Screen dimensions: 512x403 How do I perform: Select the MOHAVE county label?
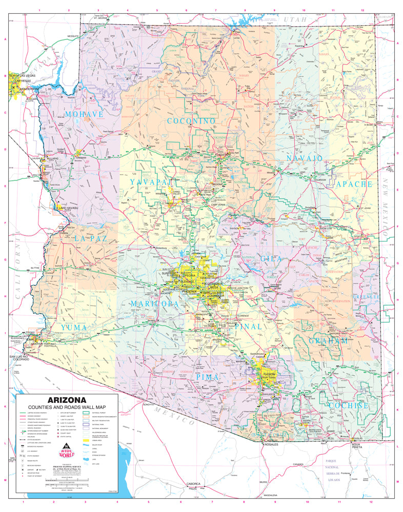click(85, 114)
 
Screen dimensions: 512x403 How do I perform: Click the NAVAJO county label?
click(305, 158)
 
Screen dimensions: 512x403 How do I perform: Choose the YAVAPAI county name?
click(149, 182)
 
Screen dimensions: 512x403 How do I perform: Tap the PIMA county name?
click(208, 377)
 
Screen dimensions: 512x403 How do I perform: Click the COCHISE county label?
click(349, 405)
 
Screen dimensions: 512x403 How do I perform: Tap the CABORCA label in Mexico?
click(193, 484)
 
